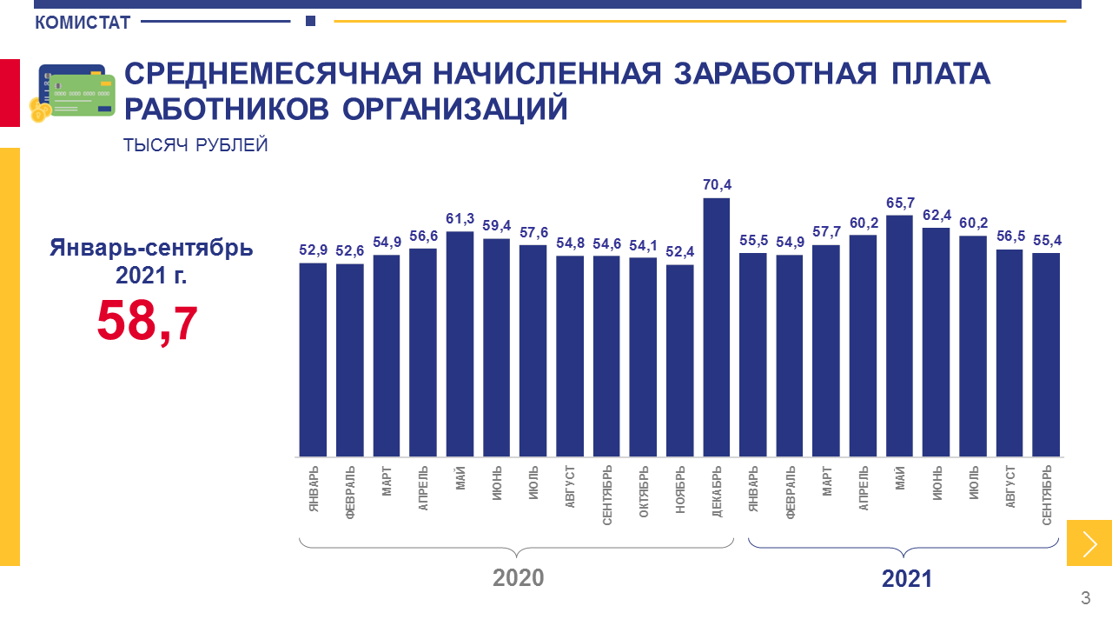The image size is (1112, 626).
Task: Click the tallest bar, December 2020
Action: click(x=717, y=327)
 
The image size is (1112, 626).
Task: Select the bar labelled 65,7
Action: click(x=899, y=336)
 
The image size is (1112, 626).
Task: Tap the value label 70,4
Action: click(x=717, y=184)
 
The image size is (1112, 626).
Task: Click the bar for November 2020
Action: click(x=680, y=360)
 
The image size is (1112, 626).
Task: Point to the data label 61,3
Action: click(x=460, y=218)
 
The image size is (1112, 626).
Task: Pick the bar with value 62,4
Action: click(x=936, y=342)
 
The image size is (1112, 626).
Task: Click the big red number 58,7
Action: click(x=148, y=320)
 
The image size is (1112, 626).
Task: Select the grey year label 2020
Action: click(x=518, y=578)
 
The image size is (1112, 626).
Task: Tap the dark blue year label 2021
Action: click(x=906, y=578)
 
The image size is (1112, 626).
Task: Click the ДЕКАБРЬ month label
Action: click(x=717, y=493)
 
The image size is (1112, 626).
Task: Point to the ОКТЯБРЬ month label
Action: click(x=644, y=493)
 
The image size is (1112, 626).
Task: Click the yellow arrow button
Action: click(x=1089, y=543)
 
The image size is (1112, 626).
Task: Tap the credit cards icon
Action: click(x=73, y=92)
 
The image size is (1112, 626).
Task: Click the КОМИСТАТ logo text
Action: click(x=83, y=23)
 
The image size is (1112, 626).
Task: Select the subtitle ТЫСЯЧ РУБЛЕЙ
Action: click(x=195, y=146)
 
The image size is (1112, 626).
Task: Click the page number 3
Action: click(x=1085, y=598)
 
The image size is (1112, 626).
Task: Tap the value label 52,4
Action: click(x=680, y=251)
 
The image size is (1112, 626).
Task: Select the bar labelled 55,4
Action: click(x=1046, y=355)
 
